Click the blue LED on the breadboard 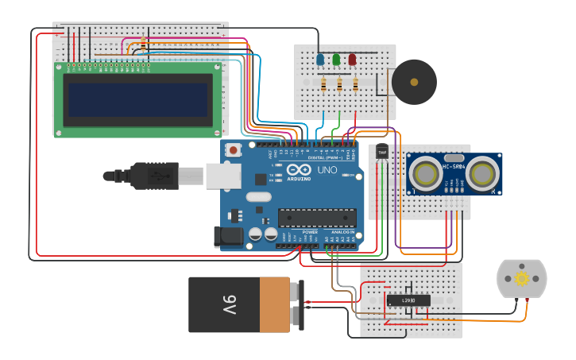320,60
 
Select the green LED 336,60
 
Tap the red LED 352,60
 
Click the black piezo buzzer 413,81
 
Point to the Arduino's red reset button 234,149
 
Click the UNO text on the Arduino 327,170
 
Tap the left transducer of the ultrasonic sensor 428,172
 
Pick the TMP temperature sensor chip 382,152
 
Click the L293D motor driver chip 408,300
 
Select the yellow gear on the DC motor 521,278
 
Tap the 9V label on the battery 229,304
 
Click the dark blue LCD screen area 139,99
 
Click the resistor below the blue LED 323,84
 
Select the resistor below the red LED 355,84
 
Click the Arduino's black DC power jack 227,236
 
